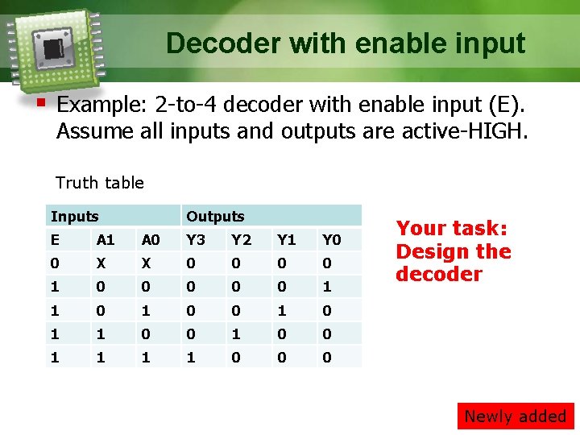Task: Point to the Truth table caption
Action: point(100,183)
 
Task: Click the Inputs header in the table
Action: point(74,216)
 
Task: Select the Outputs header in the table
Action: point(215,216)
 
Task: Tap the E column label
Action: point(55,239)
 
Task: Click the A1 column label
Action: point(105,239)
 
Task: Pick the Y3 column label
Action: point(196,239)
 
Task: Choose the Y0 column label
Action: point(331,239)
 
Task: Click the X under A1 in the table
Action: point(101,263)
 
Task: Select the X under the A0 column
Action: point(146,263)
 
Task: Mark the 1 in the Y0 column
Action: point(326,287)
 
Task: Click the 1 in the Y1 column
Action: point(281,310)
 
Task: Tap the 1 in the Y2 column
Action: point(236,333)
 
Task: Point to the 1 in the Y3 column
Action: point(191,357)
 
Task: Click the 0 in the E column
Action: point(55,263)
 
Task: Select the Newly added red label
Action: point(516,416)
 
